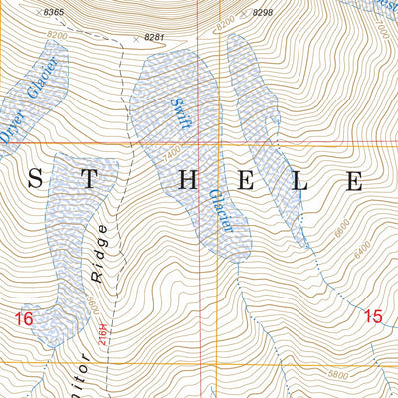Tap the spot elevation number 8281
coord(154,37)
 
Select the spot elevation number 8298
coord(262,12)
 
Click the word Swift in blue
coord(180,112)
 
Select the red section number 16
coord(25,318)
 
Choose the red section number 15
coord(373,316)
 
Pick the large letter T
coord(90,181)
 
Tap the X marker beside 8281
coord(137,37)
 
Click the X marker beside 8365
coord(37,11)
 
